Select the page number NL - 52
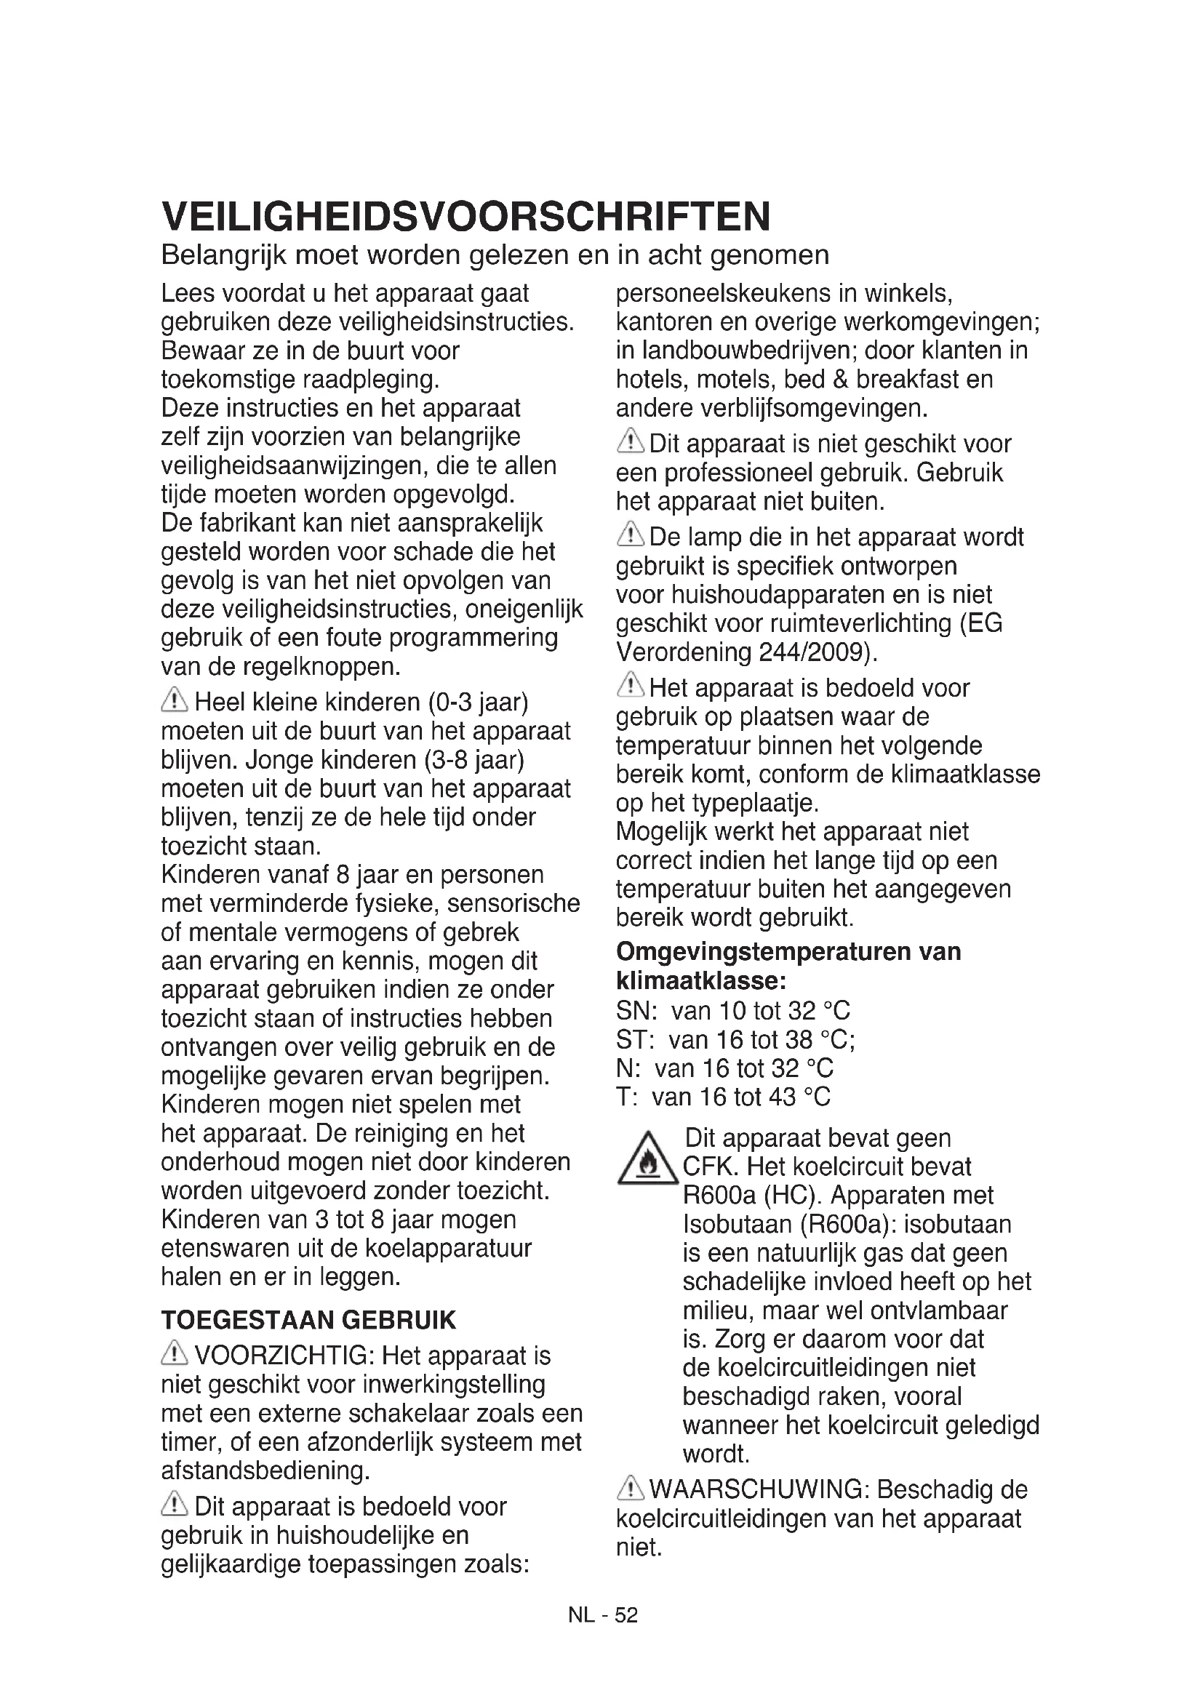click(602, 1615)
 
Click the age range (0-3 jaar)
click(478, 702)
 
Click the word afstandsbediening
click(265, 1470)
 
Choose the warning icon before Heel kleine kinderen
click(175, 700)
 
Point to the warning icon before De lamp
click(631, 535)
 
